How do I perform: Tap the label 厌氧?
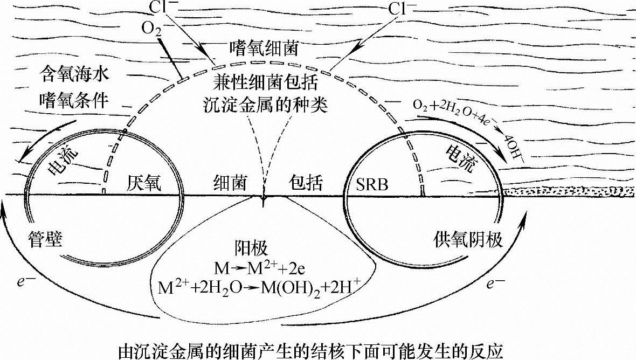tap(146, 183)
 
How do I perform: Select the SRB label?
tap(372, 184)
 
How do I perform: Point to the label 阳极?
tap(264, 248)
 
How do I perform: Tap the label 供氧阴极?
tap(467, 239)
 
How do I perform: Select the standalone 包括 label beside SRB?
tap(306, 183)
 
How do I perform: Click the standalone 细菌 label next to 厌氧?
tap(229, 183)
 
